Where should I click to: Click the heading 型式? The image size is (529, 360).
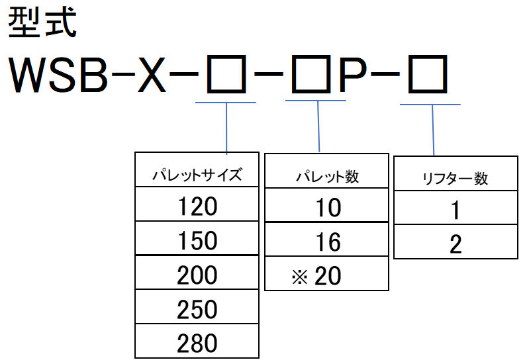(x=42, y=23)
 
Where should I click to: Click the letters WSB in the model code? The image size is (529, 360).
(x=58, y=75)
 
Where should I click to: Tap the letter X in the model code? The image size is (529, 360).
(x=152, y=75)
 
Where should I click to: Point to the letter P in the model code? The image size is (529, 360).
(x=353, y=75)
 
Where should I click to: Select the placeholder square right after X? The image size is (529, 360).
(x=226, y=74)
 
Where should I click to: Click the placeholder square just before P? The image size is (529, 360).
(x=311, y=74)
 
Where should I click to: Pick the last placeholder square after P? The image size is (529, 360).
(x=428, y=74)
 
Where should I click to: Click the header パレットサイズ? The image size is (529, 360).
(x=197, y=175)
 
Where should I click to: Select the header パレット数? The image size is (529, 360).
(x=327, y=176)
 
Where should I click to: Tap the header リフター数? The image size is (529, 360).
(x=456, y=178)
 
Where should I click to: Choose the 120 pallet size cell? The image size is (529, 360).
(x=197, y=204)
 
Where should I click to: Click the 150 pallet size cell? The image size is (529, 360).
(x=197, y=238)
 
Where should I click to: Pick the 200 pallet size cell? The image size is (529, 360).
(x=197, y=273)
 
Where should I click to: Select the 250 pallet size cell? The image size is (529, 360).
(x=197, y=307)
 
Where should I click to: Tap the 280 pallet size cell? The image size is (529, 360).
(x=197, y=341)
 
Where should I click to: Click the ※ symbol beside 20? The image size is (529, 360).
(x=299, y=277)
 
